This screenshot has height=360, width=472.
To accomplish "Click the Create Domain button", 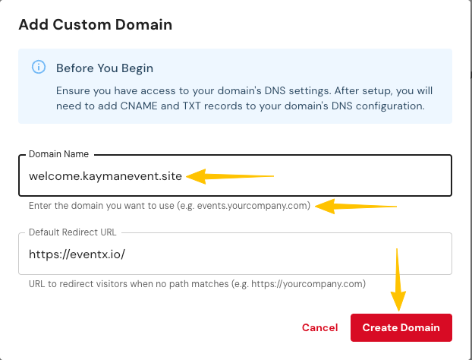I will click(x=401, y=327).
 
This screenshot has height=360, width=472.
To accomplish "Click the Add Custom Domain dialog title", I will click(x=95, y=24).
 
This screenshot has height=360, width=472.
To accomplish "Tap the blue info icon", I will click(x=38, y=68).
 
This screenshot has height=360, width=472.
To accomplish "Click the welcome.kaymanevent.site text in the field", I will click(x=105, y=176).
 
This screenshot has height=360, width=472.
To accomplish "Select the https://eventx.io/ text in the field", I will click(x=76, y=254).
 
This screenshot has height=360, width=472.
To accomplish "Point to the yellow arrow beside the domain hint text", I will click(x=357, y=206).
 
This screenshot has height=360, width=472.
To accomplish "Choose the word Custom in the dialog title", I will click(x=96, y=24).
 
